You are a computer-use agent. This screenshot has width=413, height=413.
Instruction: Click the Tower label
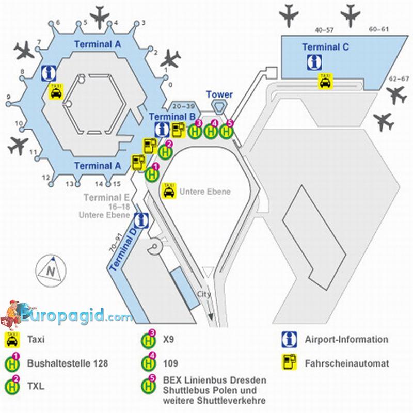[x=219, y=94]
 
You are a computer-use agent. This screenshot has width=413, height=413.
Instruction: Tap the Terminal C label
[x=325, y=47]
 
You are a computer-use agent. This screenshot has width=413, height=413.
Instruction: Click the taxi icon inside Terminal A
[x=56, y=91]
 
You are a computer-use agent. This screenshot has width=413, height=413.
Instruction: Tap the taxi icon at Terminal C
[x=325, y=81]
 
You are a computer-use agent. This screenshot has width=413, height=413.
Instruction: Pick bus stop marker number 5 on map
[x=227, y=131]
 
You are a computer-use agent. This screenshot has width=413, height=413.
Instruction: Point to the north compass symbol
[x=51, y=269]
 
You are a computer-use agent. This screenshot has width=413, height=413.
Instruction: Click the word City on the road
[x=204, y=294]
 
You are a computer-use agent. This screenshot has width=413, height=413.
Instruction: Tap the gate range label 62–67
[x=398, y=79]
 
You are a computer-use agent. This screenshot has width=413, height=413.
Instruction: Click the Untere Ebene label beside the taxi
[x=204, y=192]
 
